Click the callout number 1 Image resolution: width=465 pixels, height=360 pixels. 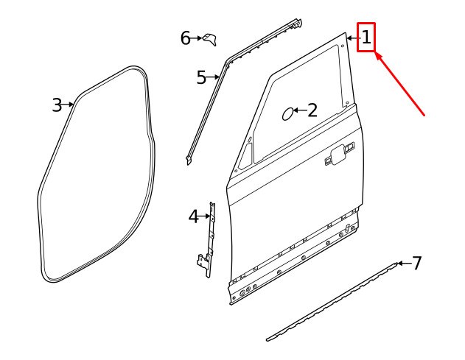pos(366,38)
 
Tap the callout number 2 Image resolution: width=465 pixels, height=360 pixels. pos(312,110)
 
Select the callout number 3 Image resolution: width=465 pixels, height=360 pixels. pos(57,105)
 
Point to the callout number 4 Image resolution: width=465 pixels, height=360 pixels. pos(193,216)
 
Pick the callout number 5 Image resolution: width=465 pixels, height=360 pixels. pos(201,77)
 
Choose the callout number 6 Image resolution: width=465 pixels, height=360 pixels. pos(186,38)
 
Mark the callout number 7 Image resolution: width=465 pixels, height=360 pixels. pos(416,263)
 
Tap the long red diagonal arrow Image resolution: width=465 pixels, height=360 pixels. pos(400,84)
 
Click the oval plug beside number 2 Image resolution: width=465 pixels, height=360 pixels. pos(287,114)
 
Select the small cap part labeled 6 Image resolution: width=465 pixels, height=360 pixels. pos(210,40)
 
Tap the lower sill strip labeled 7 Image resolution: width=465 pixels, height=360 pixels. pos(332,302)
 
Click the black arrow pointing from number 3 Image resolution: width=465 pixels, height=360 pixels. pos(68,105)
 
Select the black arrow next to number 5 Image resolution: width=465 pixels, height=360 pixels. pos(212,77)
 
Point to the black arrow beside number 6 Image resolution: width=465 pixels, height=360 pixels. pos(196,38)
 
